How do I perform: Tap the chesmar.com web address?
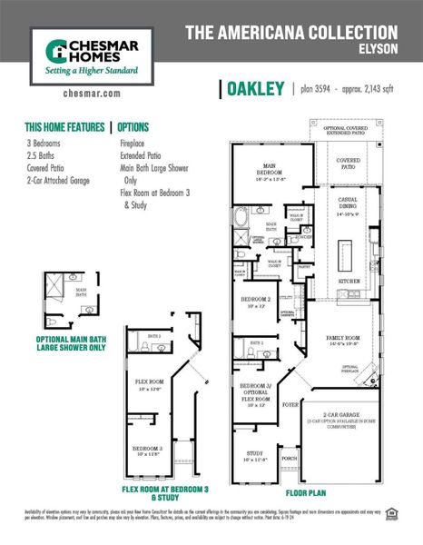click(x=88, y=93)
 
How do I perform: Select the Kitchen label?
click(x=347, y=281)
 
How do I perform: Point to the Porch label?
click(x=289, y=459)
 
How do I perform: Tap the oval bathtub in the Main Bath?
click(x=241, y=218)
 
